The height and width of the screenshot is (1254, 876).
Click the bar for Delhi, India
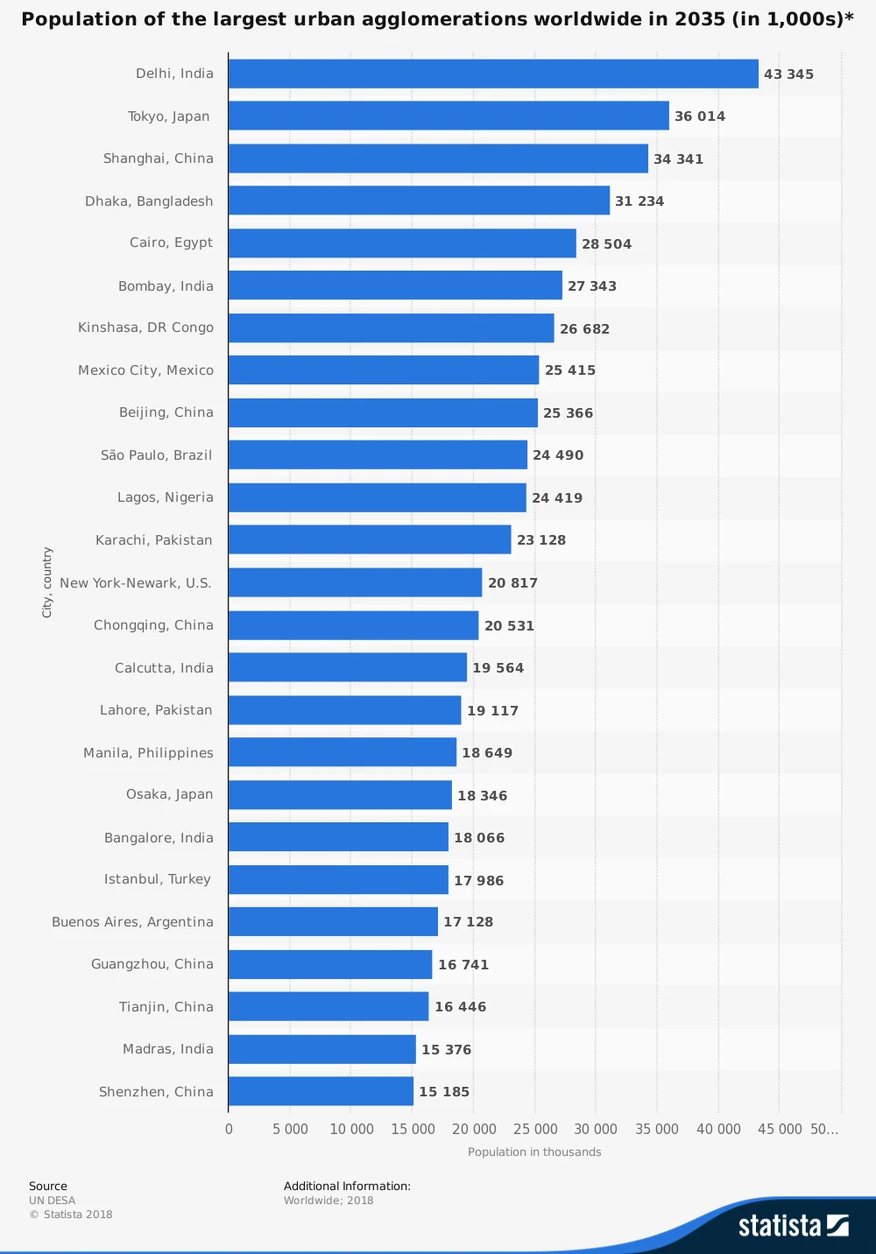point(493,74)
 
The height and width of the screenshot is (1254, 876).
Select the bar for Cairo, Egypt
point(402,243)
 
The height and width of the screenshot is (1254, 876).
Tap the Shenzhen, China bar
point(321,1091)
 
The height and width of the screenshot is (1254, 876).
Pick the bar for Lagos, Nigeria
point(378,497)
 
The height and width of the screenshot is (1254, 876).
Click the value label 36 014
point(700,116)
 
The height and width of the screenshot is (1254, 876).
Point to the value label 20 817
point(512,583)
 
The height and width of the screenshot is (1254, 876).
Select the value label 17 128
point(468,922)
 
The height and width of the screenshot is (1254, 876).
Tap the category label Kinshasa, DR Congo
point(145,328)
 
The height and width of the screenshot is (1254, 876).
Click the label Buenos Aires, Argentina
point(132,922)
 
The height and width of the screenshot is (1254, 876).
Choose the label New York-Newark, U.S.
point(136,583)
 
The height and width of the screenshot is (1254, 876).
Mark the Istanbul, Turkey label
point(158,879)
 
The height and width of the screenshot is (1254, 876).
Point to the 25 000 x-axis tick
point(535,1130)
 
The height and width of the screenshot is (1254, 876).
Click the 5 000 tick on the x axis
point(290,1130)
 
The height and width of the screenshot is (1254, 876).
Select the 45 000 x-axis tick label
point(780,1130)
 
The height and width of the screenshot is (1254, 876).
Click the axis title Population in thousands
point(534,1152)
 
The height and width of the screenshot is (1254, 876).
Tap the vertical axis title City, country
point(47,582)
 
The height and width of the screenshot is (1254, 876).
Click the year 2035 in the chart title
point(700,19)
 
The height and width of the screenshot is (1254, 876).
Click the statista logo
point(793,1225)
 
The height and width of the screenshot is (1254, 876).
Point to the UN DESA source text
point(52,1201)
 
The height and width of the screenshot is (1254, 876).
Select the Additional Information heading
point(347,1187)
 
